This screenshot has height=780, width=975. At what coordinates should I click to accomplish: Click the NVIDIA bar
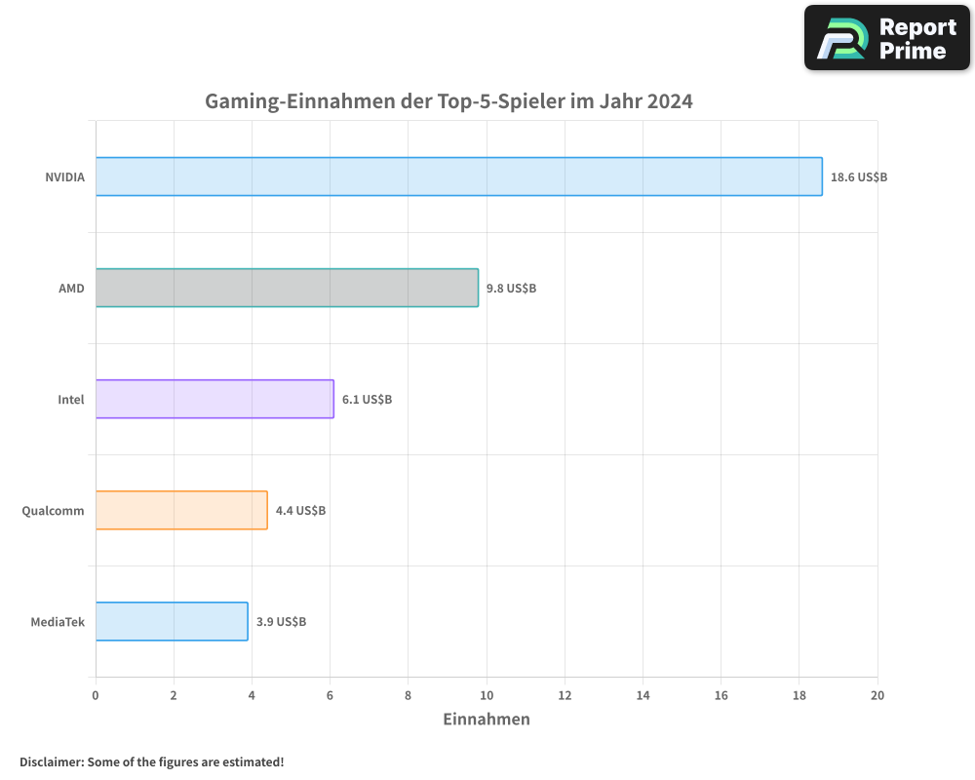pyautogui.click(x=458, y=176)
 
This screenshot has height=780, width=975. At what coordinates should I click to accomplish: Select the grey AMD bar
pyautogui.click(x=287, y=288)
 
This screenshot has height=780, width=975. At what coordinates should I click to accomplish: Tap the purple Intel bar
pyautogui.click(x=214, y=399)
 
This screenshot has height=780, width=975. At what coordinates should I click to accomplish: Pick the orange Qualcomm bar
pyautogui.click(x=181, y=510)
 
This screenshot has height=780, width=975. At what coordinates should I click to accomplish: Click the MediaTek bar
pyautogui.click(x=172, y=621)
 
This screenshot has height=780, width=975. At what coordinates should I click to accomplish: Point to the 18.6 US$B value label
pyautogui.click(x=858, y=177)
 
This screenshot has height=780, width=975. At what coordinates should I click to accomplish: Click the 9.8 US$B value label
pyautogui.click(x=511, y=289)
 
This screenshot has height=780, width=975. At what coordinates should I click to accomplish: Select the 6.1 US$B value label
pyautogui.click(x=367, y=400)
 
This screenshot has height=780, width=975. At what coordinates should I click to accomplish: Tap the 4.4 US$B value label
pyautogui.click(x=300, y=511)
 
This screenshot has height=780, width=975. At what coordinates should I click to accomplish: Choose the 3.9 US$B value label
pyautogui.click(x=281, y=622)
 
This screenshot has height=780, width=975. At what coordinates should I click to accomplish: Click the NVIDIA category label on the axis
pyautogui.click(x=64, y=177)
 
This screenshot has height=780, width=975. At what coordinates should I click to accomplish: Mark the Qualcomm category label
pyautogui.click(x=53, y=511)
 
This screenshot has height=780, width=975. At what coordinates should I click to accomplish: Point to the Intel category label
pyautogui.click(x=71, y=400)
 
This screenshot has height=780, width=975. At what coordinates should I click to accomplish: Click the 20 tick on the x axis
pyautogui.click(x=877, y=695)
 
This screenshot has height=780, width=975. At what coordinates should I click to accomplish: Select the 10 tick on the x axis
pyautogui.click(x=486, y=695)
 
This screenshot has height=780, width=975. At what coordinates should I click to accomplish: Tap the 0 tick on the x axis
pyautogui.click(x=96, y=695)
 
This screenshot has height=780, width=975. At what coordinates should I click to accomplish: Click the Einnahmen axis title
pyautogui.click(x=487, y=720)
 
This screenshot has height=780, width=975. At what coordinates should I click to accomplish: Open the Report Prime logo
pyautogui.click(x=887, y=38)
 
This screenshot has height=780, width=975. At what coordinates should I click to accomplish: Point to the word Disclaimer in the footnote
pyautogui.click(x=51, y=761)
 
